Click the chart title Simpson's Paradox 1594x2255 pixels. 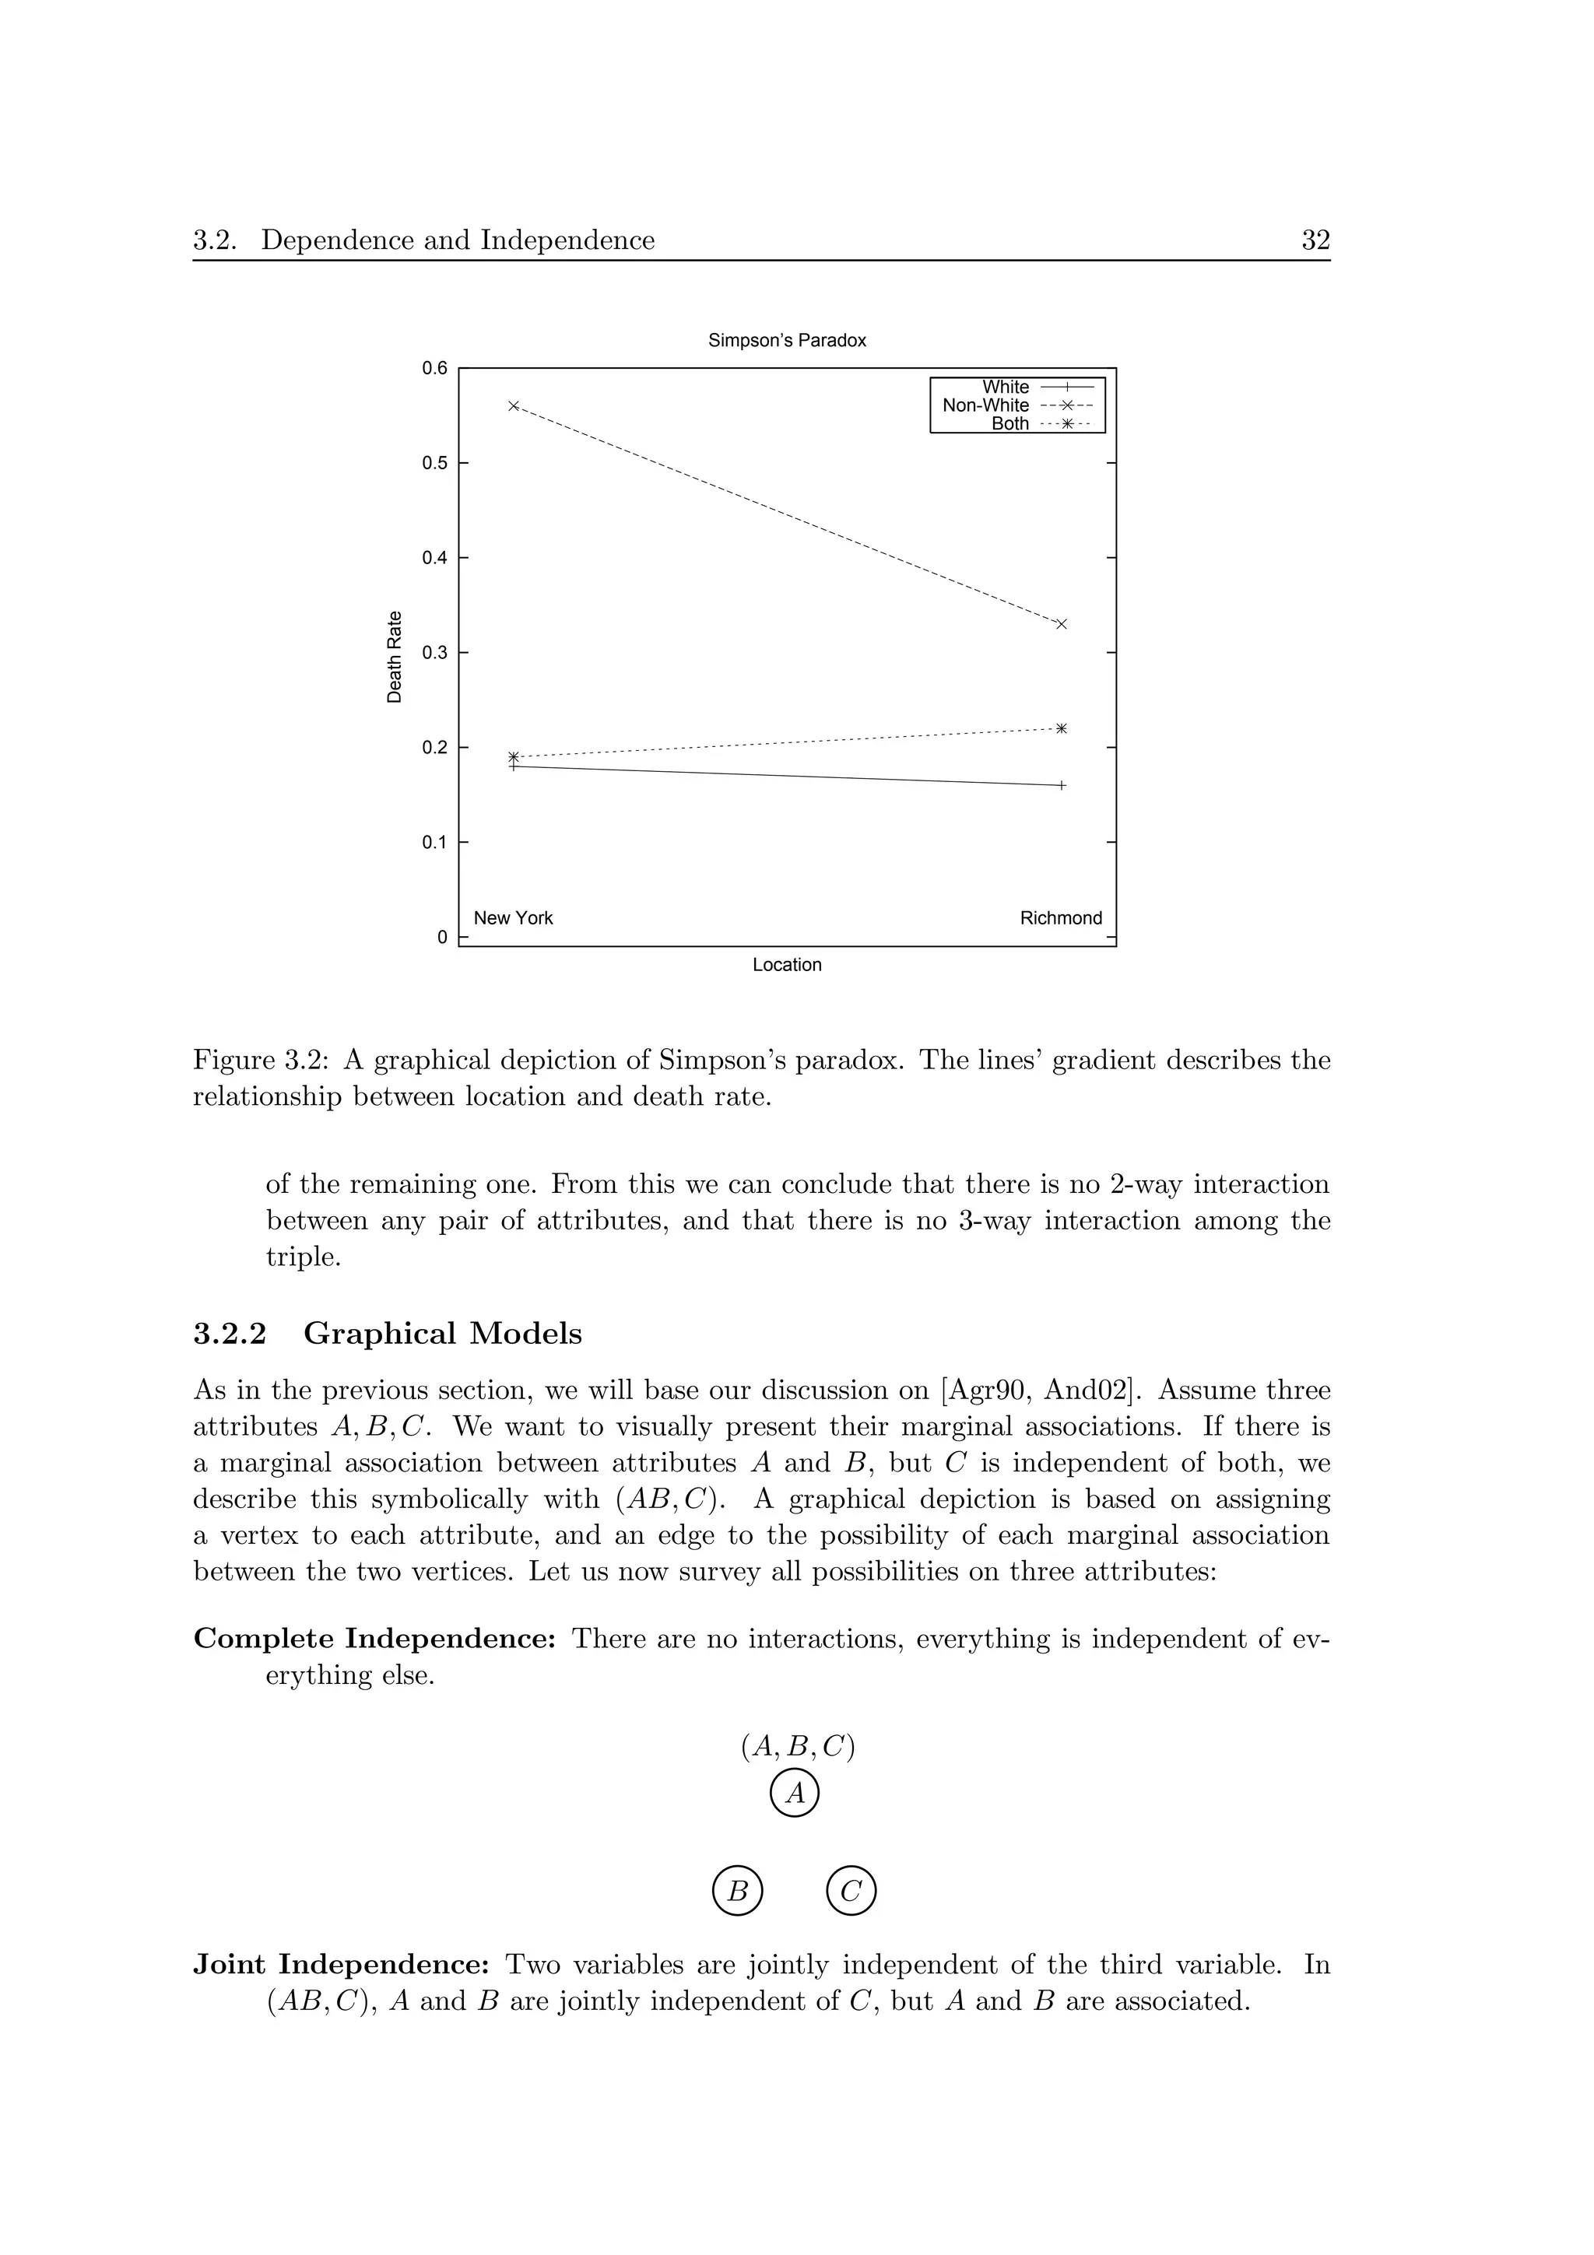click(x=787, y=341)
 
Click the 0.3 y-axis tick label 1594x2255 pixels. click(x=434, y=652)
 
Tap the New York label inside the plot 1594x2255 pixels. click(x=513, y=918)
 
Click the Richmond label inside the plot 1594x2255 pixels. click(x=1061, y=918)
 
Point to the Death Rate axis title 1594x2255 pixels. click(x=395, y=657)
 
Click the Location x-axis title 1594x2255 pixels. click(x=787, y=966)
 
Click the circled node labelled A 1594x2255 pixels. click(x=795, y=1794)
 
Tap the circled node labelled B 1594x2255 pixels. click(x=738, y=1891)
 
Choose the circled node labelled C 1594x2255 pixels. click(x=851, y=1891)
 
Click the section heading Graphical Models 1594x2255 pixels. click(x=442, y=1334)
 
